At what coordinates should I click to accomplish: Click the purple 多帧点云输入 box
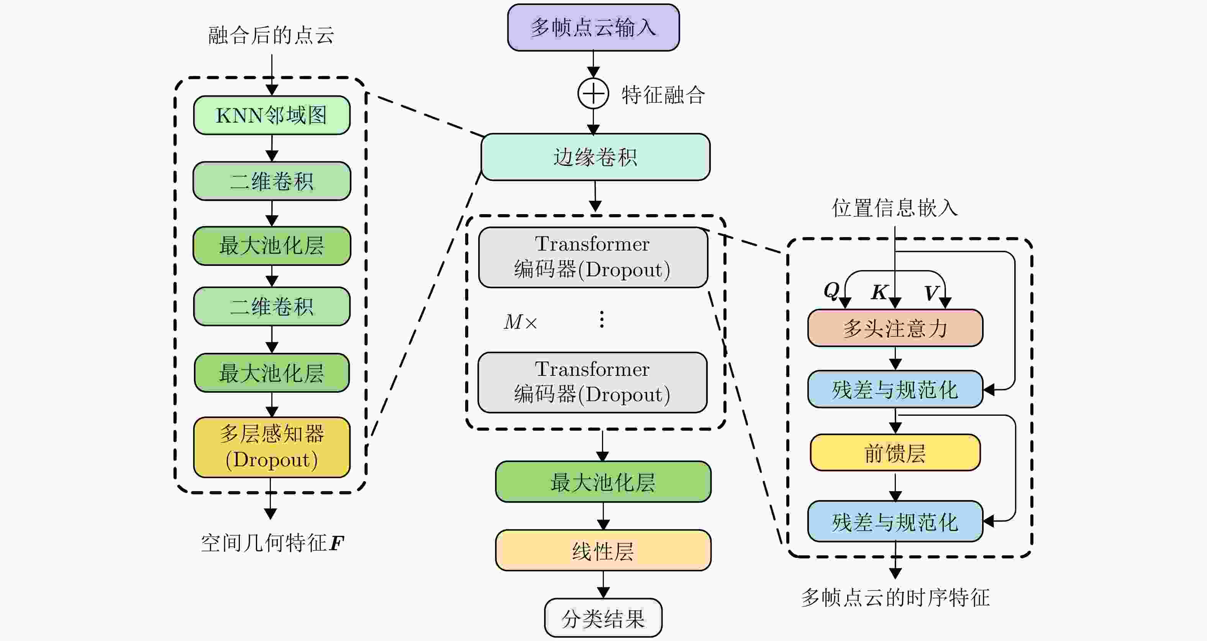[593, 27]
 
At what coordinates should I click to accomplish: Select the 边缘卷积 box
[595, 157]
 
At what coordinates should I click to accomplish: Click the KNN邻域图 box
[272, 115]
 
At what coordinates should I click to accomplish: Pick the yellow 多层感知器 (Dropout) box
[272, 447]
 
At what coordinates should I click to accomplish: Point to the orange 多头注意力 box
[895, 328]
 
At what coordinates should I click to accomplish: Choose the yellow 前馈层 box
[895, 452]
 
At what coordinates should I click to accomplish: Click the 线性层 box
[603, 551]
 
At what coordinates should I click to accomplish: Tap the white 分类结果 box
[603, 618]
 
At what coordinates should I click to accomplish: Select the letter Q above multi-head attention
[831, 290]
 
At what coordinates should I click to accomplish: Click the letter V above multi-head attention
[931, 293]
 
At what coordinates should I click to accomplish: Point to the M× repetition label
[520, 322]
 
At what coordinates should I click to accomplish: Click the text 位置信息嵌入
[895, 208]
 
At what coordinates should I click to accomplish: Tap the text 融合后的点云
[271, 35]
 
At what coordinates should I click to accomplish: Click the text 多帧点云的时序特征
[895, 597]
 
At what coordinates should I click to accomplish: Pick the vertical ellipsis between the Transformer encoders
[602, 319]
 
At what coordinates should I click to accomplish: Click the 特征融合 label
[663, 95]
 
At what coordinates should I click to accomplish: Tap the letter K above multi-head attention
[879, 292]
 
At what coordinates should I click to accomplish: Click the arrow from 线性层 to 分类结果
[603, 585]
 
